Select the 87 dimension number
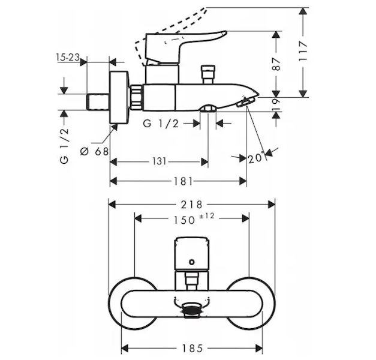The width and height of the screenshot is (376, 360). coord(276,64)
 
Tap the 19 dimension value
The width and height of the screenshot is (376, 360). coord(276,103)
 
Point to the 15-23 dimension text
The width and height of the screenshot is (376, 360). coord(68,58)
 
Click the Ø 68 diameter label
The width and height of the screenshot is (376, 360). coord(95,151)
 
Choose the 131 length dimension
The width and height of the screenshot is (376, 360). coord(159,161)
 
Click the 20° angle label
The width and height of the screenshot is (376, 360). coord(255,158)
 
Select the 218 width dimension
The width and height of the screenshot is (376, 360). coord(192,204)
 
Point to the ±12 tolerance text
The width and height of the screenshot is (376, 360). coord(207,215)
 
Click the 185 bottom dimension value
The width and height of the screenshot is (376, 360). coord(192,347)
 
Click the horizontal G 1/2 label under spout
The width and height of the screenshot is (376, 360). coord(161,124)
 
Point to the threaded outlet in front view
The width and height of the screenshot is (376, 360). coord(192,309)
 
